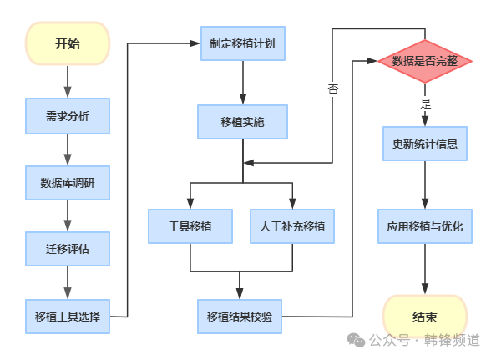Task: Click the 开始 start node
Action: (67, 43)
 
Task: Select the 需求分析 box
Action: (67, 115)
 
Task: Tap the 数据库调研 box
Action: (67, 182)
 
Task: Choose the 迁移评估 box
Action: (67, 248)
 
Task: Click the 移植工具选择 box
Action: (67, 316)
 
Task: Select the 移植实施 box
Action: (242, 121)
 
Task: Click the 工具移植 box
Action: (190, 226)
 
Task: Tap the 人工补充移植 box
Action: (291, 226)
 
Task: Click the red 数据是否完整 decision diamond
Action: (425, 61)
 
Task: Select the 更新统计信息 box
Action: (425, 143)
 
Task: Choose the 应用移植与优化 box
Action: (425, 226)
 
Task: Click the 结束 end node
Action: (425, 317)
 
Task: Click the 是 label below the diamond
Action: (426, 104)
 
